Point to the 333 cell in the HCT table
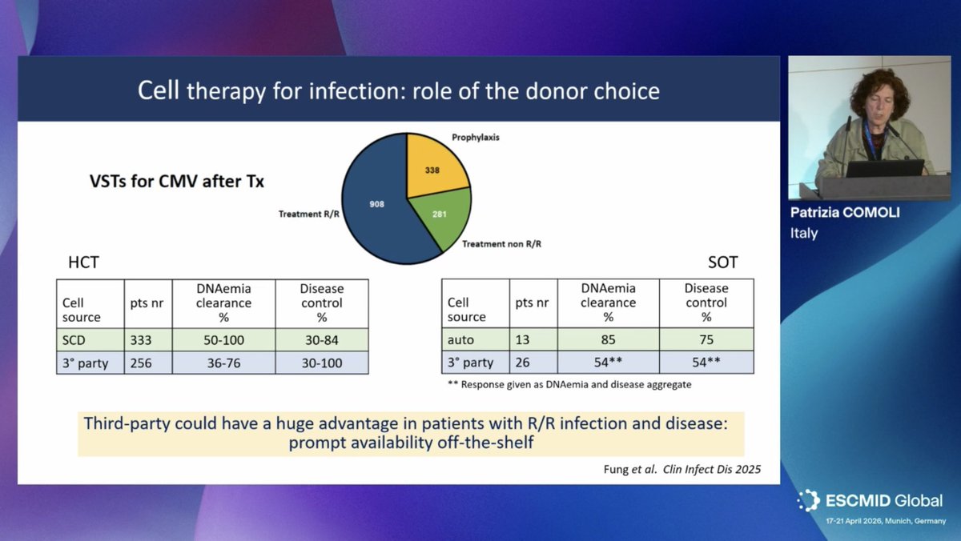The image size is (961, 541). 141,340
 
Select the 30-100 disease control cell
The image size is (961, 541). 321,363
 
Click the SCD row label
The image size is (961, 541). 74,340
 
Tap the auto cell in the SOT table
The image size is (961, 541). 461,340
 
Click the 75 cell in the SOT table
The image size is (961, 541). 706,340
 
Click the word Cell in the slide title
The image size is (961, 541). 158,90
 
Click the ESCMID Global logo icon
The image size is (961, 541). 808,501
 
